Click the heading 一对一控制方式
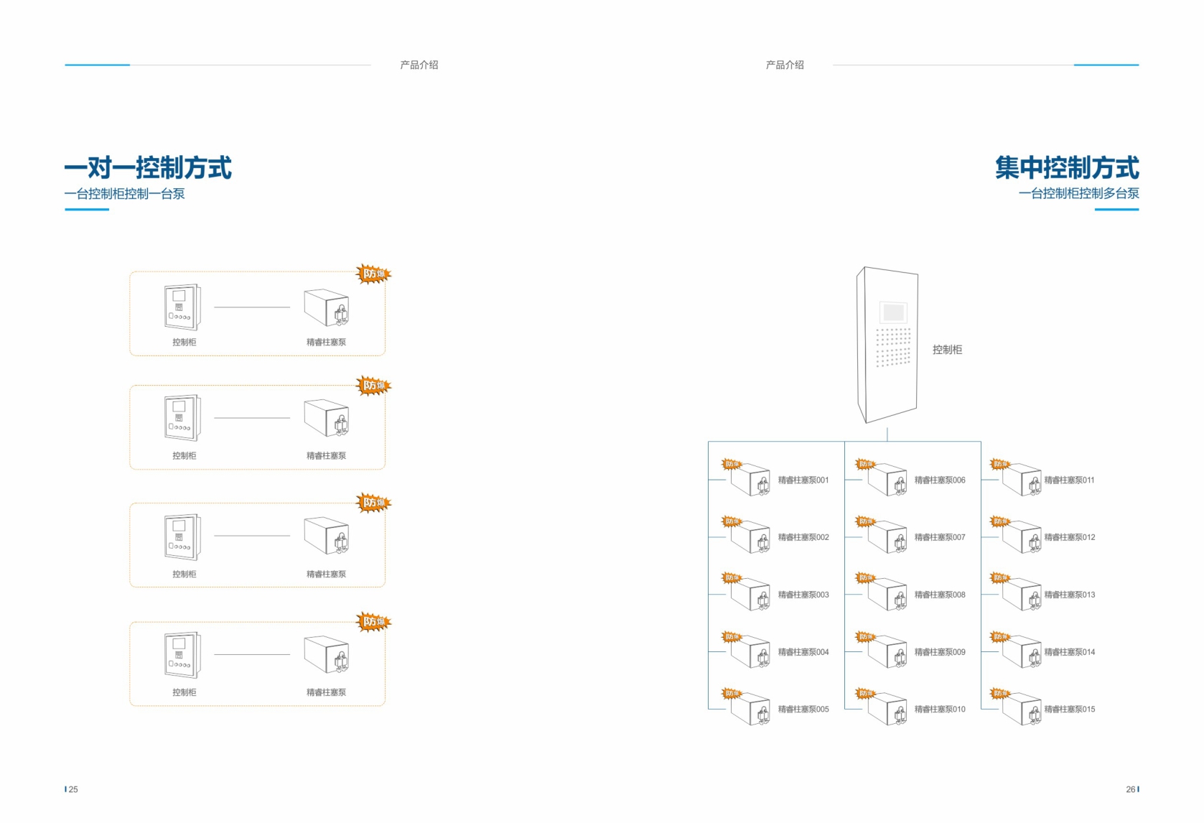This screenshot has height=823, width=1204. pyautogui.click(x=148, y=168)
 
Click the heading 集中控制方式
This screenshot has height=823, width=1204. pyautogui.click(x=1066, y=168)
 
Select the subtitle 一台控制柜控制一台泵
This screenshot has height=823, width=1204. pyautogui.click(x=124, y=194)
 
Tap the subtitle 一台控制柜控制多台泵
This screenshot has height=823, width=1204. pyautogui.click(x=1078, y=193)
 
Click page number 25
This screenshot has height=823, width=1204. pyautogui.click(x=73, y=789)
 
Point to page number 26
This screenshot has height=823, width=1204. pyautogui.click(x=1130, y=789)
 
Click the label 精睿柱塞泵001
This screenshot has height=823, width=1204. pyautogui.click(x=803, y=480)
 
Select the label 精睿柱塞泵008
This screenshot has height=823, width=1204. pyautogui.click(x=939, y=595)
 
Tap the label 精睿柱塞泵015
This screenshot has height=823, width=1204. pyautogui.click(x=1069, y=710)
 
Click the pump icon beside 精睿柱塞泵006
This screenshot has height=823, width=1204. pyautogui.click(x=887, y=480)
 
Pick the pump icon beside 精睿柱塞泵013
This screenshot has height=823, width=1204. pyautogui.click(x=1022, y=595)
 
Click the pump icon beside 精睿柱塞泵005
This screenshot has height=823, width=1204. pyautogui.click(x=751, y=710)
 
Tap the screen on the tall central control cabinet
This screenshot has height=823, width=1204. pyautogui.click(x=893, y=312)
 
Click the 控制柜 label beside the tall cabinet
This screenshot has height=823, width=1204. pyautogui.click(x=947, y=350)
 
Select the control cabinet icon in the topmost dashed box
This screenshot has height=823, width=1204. pyautogui.click(x=182, y=307)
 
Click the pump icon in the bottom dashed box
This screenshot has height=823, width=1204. pyautogui.click(x=327, y=654)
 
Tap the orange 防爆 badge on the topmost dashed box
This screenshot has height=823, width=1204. pyautogui.click(x=373, y=273)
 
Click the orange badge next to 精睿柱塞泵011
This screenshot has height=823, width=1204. pyautogui.click(x=999, y=464)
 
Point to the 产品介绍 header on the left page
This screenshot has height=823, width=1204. pyautogui.click(x=419, y=65)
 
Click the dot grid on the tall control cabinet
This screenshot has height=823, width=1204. pyautogui.click(x=893, y=347)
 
